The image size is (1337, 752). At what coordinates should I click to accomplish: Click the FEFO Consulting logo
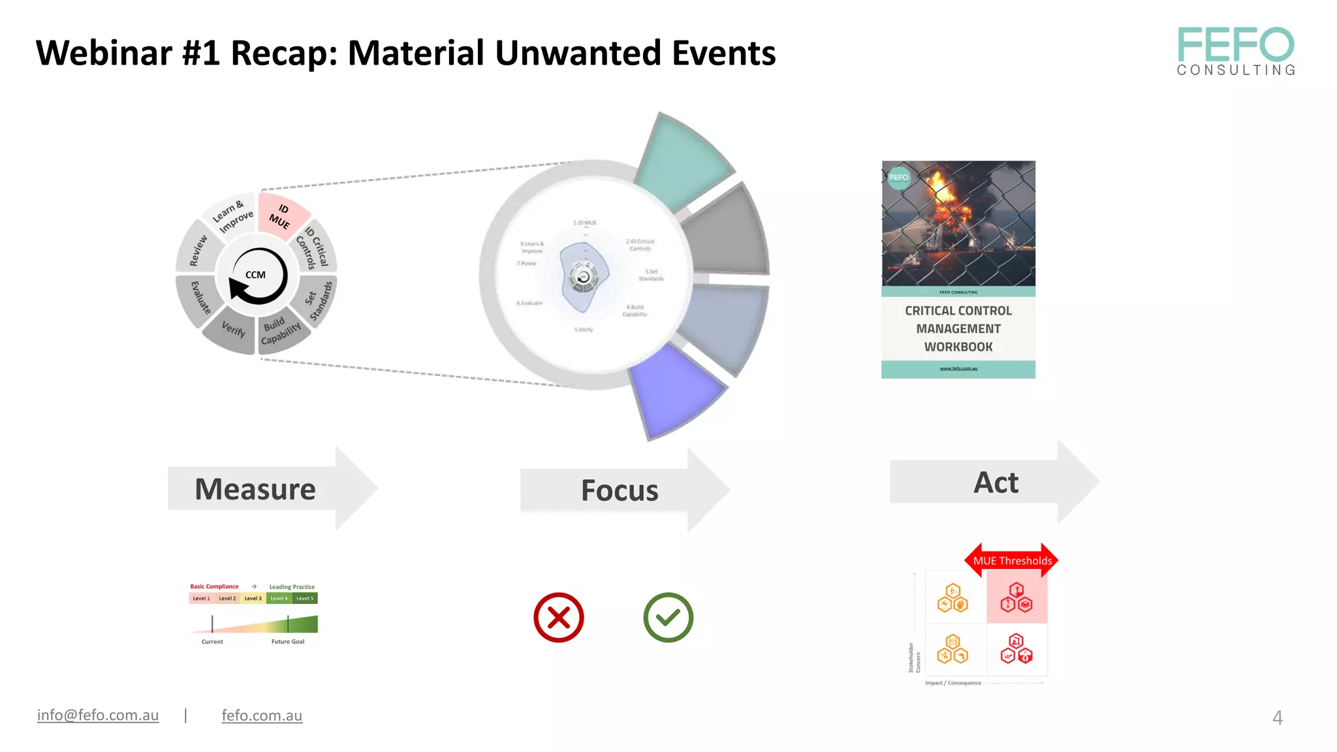pyautogui.click(x=1235, y=51)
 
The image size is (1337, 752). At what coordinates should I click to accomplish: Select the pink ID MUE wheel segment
pyautogui.click(x=281, y=215)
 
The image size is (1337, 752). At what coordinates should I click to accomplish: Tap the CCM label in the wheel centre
pyautogui.click(x=255, y=275)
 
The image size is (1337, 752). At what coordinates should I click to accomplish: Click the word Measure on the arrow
pyautogui.click(x=255, y=490)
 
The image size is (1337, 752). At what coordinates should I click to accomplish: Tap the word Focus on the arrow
pyautogui.click(x=620, y=491)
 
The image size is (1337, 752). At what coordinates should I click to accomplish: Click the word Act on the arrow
pyautogui.click(x=996, y=483)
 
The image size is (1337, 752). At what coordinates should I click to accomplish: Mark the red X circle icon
pyautogui.click(x=558, y=618)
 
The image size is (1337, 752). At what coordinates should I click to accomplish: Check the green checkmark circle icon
pyautogui.click(x=668, y=618)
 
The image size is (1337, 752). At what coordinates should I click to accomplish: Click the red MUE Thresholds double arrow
pyautogui.click(x=1012, y=561)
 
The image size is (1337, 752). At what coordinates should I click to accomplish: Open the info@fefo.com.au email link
pyautogui.click(x=98, y=715)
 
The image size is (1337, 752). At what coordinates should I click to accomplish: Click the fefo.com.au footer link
pyautogui.click(x=262, y=715)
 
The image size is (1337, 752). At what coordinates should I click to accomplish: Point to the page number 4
pyautogui.click(x=1278, y=718)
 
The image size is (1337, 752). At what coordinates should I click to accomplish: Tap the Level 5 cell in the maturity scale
pyautogui.click(x=305, y=599)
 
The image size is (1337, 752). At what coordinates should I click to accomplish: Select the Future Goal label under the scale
pyautogui.click(x=288, y=642)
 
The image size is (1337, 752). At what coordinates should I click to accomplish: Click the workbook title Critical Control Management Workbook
pyautogui.click(x=958, y=329)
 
